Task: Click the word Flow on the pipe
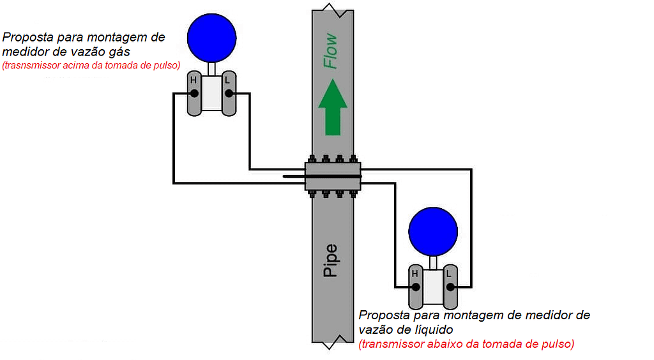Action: point(331,52)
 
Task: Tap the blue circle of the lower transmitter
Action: point(433,231)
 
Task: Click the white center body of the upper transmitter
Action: point(211,94)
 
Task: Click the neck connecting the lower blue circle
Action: point(433,262)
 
